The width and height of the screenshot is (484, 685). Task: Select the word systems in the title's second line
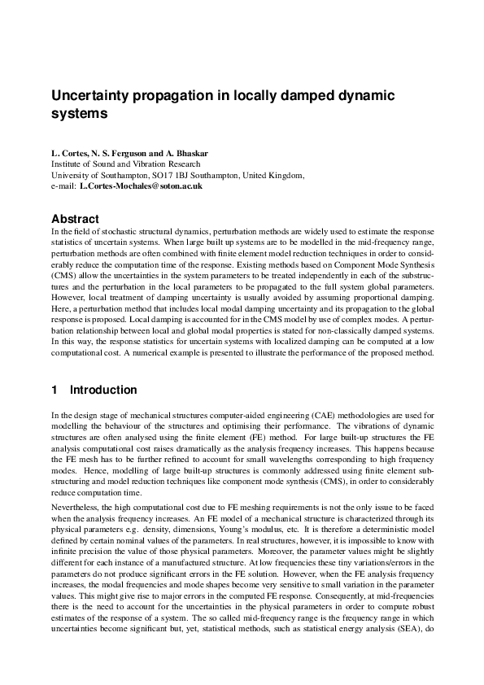80,114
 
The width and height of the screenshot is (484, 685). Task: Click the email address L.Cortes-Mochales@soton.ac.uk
141,186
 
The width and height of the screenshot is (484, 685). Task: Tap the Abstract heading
75,219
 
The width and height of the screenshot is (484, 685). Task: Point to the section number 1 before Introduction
55,390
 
